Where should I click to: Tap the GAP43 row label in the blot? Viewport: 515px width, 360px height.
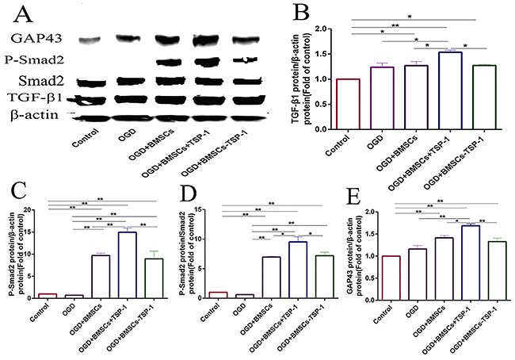[36, 37]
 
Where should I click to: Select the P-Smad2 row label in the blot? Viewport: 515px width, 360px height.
[35, 61]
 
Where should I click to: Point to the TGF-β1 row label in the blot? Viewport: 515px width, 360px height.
[36, 98]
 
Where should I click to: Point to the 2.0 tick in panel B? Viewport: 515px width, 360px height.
[321, 29]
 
